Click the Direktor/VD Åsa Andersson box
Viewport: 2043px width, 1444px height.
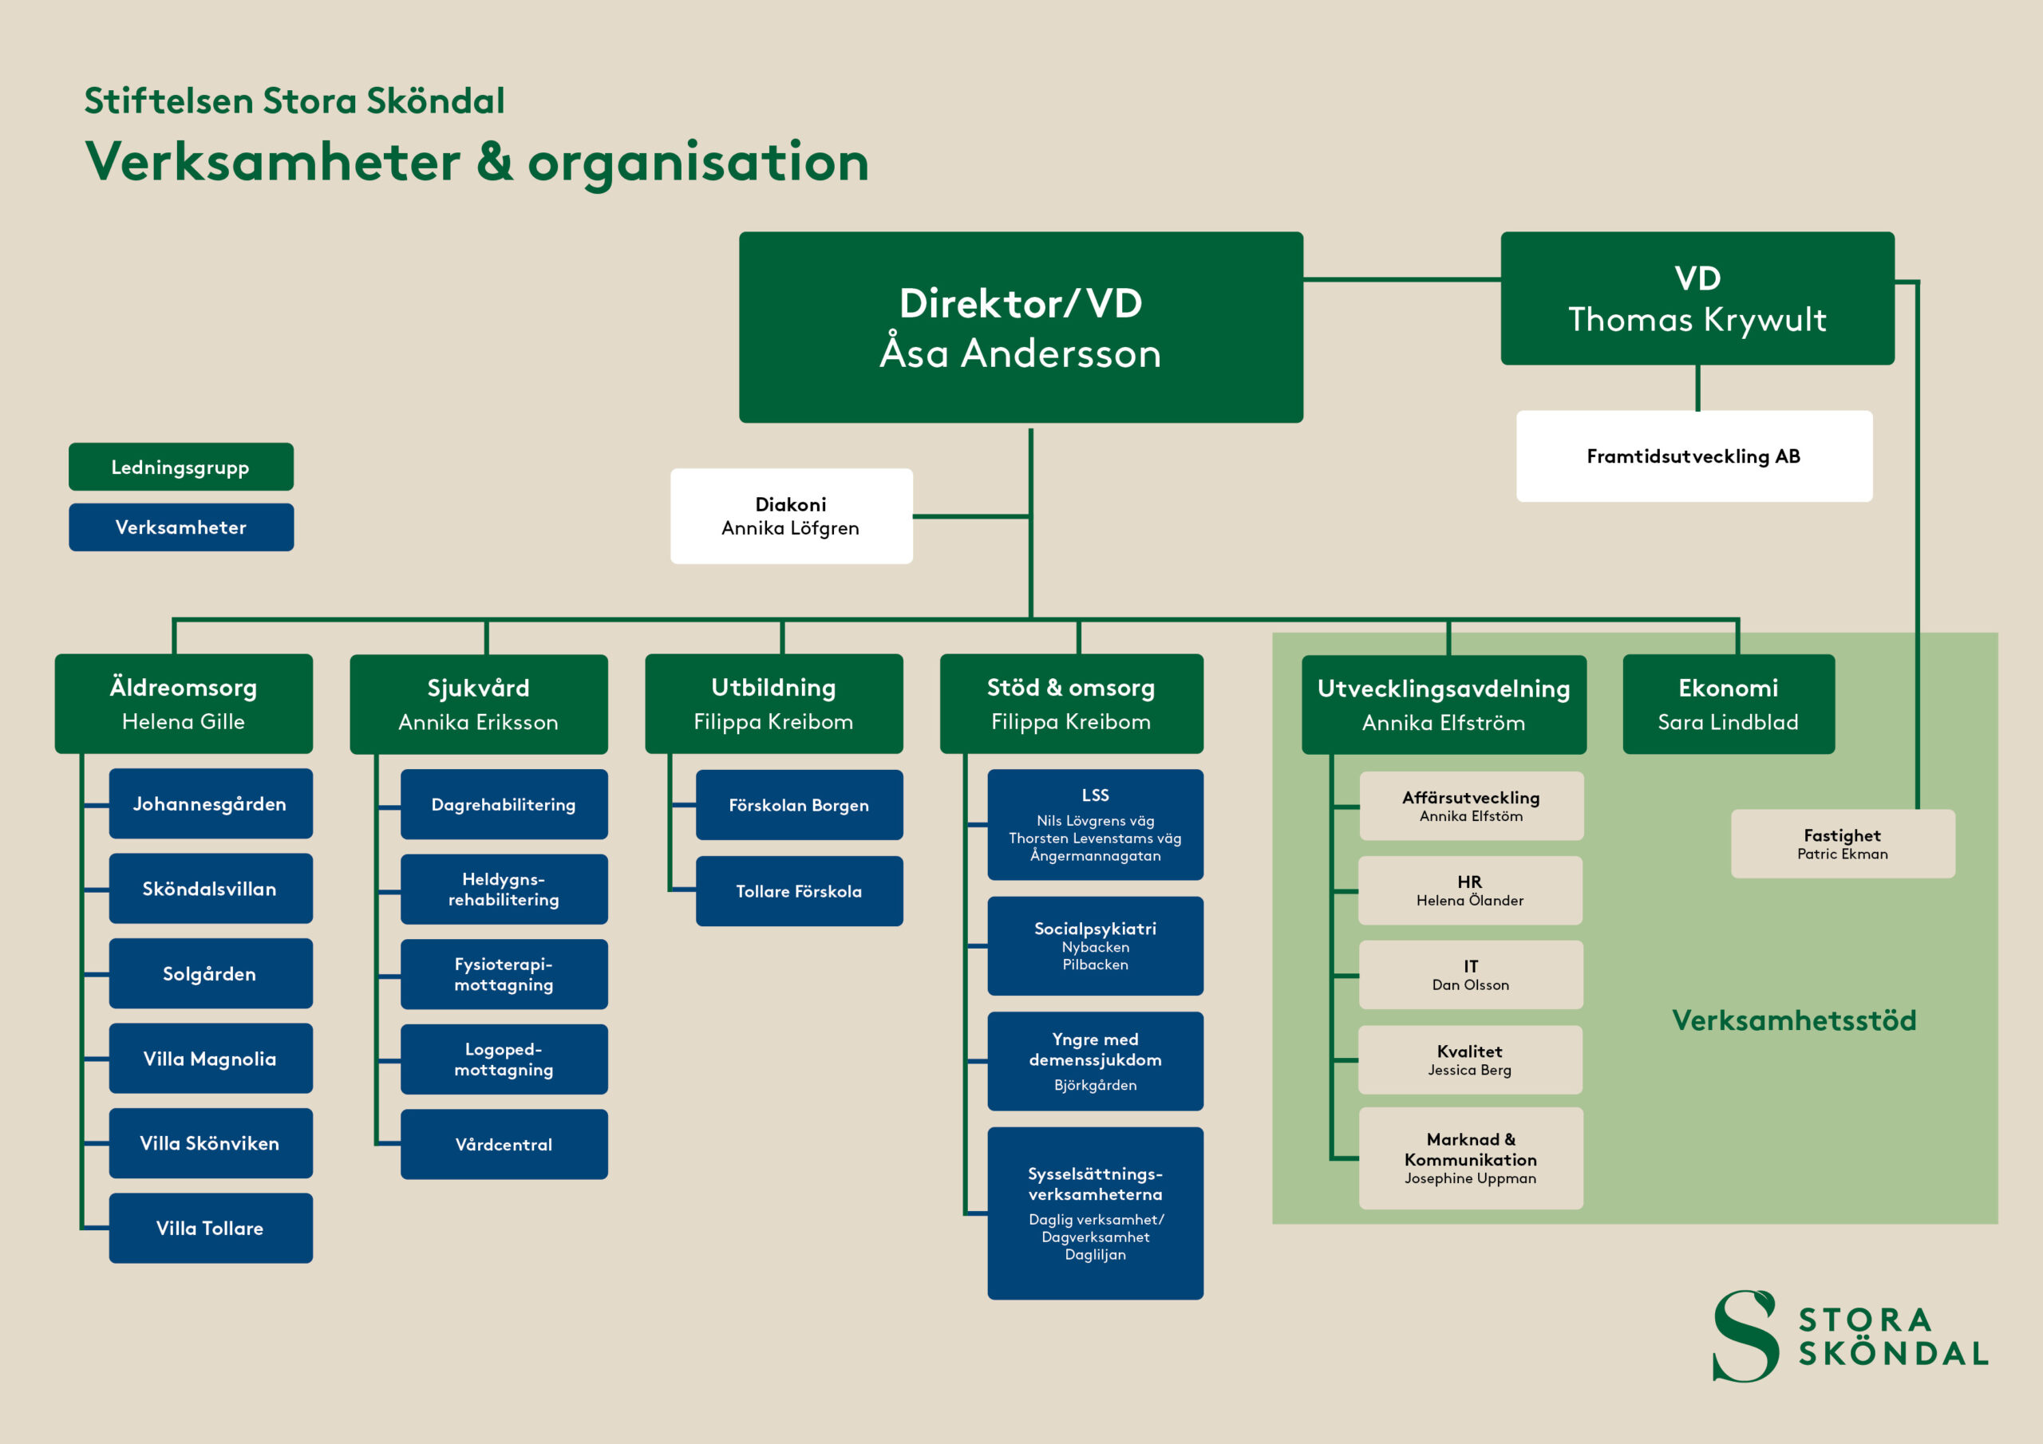[1021, 326]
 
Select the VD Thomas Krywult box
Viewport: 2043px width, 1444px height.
[1697, 298]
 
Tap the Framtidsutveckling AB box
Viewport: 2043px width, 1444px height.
[1693, 456]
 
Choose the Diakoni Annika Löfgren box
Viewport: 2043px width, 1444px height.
[791, 516]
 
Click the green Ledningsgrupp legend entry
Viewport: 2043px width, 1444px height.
[180, 467]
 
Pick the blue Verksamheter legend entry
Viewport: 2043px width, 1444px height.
[180, 527]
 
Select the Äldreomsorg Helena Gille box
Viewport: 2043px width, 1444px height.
[184, 704]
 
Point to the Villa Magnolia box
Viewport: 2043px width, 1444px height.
[210, 1059]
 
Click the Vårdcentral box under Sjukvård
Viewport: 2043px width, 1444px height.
[504, 1144]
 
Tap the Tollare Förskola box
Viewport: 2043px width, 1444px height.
[799, 891]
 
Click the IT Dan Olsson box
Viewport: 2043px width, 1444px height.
[1470, 975]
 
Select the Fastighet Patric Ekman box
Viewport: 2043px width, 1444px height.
[1842, 843]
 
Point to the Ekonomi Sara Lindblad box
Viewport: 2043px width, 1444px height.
[1728, 704]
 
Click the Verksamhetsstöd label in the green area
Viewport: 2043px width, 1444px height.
[1794, 1020]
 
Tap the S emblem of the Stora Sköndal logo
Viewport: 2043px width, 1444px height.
[1745, 1336]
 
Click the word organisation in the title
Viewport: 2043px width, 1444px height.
[698, 163]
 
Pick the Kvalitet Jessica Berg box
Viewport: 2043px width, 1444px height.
[1470, 1059]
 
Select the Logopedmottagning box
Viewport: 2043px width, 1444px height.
[504, 1059]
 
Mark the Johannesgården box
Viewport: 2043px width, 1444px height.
[210, 803]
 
